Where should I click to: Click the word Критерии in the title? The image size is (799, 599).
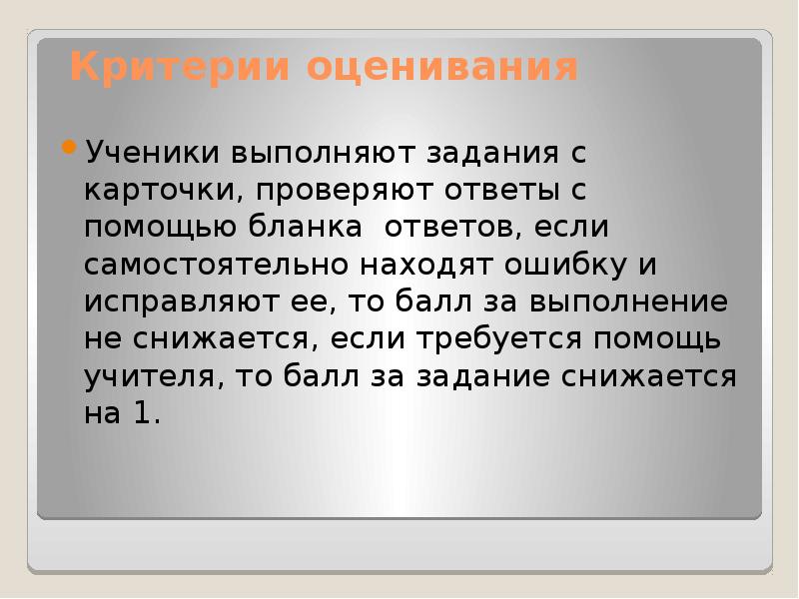click(181, 67)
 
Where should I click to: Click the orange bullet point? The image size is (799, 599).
click(68, 148)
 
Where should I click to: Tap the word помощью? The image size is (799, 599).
click(161, 228)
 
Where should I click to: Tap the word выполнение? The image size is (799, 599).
click(629, 302)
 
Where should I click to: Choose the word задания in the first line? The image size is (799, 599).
click(492, 154)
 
